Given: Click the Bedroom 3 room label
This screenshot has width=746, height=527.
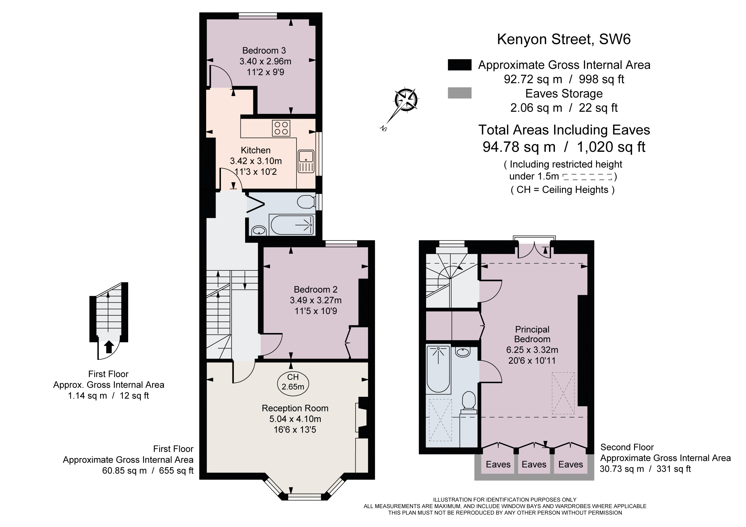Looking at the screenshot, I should (264, 51).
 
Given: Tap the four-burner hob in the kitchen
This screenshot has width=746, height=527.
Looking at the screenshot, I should (281, 128).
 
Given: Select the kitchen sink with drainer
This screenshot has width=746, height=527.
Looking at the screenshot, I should (306, 161).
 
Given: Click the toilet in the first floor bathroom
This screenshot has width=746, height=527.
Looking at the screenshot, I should (306, 202).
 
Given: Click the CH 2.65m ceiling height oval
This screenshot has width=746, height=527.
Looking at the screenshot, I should (293, 382).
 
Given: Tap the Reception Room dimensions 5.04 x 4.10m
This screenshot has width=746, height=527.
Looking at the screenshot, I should (295, 419).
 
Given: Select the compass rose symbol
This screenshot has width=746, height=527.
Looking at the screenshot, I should (406, 99).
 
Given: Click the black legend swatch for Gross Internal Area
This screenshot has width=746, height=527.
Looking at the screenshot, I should (460, 65).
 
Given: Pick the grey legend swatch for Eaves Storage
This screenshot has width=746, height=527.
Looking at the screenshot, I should (460, 93).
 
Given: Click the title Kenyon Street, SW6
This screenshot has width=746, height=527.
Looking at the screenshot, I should (564, 39).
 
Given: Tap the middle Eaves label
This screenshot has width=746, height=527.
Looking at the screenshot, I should (534, 464).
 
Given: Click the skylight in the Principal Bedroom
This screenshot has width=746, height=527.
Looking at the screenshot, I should (563, 393).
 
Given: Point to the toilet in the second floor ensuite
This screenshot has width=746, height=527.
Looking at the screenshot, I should (468, 402).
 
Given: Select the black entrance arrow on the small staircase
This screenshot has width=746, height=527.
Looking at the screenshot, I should (109, 347).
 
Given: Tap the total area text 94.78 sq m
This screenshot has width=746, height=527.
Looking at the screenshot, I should (519, 147).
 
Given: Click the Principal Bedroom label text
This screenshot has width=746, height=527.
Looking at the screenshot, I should (532, 334).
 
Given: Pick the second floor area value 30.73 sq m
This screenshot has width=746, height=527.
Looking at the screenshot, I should (622, 469).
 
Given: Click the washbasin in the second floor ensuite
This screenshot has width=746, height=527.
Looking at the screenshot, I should (463, 352).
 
